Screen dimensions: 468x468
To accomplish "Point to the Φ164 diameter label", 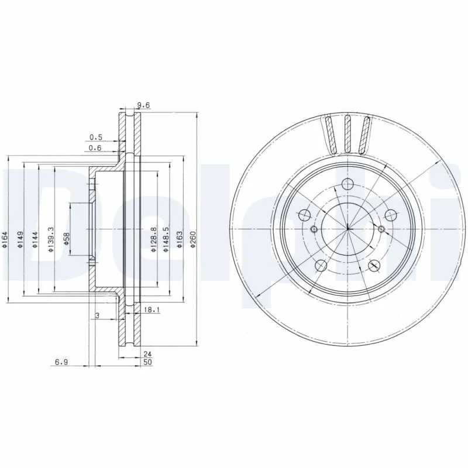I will coord(5,240).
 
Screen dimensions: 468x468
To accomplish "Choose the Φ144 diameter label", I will coord(35,240).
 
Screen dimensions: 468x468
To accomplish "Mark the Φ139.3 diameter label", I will coord(51,240).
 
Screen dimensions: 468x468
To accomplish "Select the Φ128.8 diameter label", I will coord(153,240).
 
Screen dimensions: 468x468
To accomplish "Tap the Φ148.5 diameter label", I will coord(166,240).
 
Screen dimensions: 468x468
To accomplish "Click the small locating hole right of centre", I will coord(381,228).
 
